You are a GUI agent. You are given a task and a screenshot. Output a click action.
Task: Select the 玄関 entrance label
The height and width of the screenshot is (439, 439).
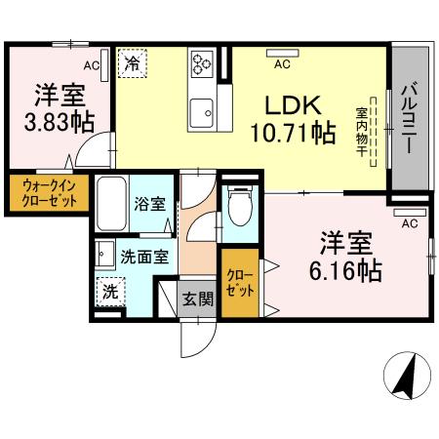click(x=197, y=299)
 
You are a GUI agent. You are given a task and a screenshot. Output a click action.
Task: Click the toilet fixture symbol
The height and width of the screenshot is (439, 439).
click(x=237, y=206)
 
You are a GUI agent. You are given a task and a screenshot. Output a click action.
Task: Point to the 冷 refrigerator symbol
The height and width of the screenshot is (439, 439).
click(x=131, y=64)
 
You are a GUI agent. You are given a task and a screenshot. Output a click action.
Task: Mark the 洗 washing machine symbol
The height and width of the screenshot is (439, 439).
click(x=110, y=291)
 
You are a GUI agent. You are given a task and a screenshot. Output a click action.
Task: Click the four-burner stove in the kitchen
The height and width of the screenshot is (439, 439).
click(x=203, y=63)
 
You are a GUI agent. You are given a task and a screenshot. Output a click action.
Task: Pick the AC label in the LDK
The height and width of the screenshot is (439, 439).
click(x=281, y=65)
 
